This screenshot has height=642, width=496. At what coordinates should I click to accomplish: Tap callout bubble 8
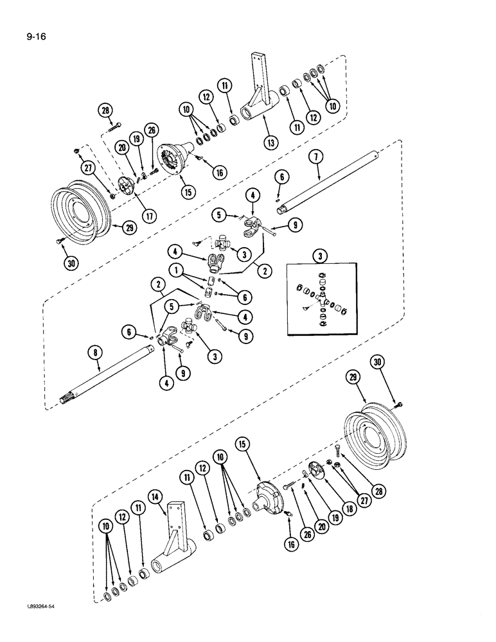click(96, 352)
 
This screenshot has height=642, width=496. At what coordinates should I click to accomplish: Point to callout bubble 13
click(269, 141)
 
